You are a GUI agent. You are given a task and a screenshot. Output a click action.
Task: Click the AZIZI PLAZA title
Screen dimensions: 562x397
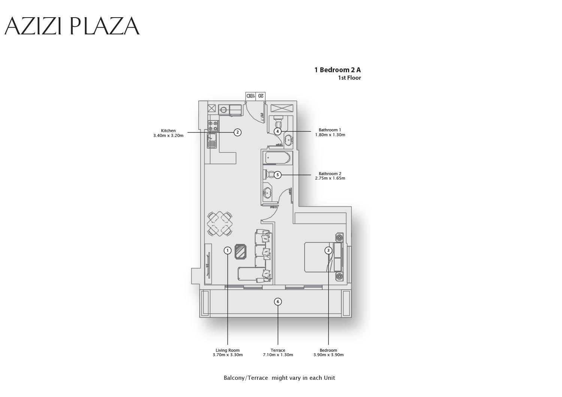point(72,26)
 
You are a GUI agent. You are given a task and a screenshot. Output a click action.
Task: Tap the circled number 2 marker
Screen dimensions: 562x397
point(237,132)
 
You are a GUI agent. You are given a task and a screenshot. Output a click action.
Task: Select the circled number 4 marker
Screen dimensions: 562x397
point(277,131)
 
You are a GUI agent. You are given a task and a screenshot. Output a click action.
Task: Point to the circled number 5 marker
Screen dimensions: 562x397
point(277,175)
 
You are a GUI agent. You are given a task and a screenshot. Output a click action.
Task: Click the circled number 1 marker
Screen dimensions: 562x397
point(227,250)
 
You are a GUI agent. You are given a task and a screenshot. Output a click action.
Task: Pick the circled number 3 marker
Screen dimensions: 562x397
point(329,250)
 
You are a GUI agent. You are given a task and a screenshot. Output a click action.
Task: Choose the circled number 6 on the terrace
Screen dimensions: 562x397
point(278,302)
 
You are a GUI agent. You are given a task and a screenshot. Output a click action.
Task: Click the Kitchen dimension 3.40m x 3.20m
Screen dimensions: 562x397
point(168,135)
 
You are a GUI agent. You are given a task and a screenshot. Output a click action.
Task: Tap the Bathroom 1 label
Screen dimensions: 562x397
point(330,130)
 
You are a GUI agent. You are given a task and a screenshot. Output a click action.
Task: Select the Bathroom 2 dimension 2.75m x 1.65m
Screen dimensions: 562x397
point(330,178)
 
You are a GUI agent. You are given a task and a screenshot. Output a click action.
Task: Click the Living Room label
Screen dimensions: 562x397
point(227,350)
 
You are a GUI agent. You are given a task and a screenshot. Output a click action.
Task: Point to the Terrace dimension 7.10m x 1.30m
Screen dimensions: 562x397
point(278,355)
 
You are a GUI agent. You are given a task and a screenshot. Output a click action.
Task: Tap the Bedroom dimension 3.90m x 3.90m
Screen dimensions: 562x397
point(329,355)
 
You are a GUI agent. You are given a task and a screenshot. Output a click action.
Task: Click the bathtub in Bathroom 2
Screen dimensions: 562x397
point(278,158)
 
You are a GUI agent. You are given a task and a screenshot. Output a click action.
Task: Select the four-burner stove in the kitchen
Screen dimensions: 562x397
point(213,126)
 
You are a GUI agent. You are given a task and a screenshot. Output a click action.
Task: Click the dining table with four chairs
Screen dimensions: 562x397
point(220,223)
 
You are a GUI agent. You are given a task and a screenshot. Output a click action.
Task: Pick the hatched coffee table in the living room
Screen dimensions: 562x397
point(241,251)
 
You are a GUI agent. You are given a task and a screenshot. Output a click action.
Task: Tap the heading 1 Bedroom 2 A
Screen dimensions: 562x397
point(338,70)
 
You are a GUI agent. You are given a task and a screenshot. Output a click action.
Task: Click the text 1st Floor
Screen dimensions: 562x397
point(350,78)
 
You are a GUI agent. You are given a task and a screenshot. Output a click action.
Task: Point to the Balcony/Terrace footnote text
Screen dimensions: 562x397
point(279,378)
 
